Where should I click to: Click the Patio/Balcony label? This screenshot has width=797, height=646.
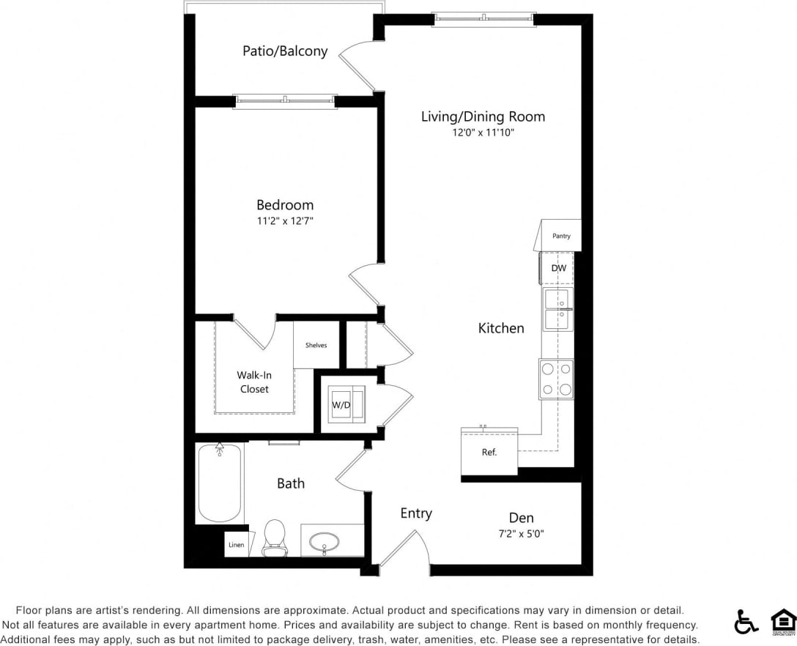285,51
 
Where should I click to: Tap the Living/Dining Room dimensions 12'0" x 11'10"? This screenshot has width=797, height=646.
483,133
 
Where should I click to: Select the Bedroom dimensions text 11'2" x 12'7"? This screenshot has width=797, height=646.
285,220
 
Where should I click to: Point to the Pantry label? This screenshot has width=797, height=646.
561,236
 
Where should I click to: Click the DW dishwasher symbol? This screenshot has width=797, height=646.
558,268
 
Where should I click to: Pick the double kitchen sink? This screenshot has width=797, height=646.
557,309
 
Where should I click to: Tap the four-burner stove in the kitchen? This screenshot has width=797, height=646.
556,379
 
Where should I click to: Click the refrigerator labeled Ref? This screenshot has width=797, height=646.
489,452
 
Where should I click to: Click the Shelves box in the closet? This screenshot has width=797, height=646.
316,345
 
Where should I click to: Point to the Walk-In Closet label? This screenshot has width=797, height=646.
254,382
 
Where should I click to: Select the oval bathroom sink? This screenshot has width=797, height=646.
325,543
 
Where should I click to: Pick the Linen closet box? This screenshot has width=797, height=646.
236,545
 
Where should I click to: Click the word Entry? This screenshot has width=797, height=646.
416,513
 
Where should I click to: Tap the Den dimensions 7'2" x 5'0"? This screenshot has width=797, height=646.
521,534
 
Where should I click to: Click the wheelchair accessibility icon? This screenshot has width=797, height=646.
746,622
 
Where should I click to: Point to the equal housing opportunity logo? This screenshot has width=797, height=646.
783,622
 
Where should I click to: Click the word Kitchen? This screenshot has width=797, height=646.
501,328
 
